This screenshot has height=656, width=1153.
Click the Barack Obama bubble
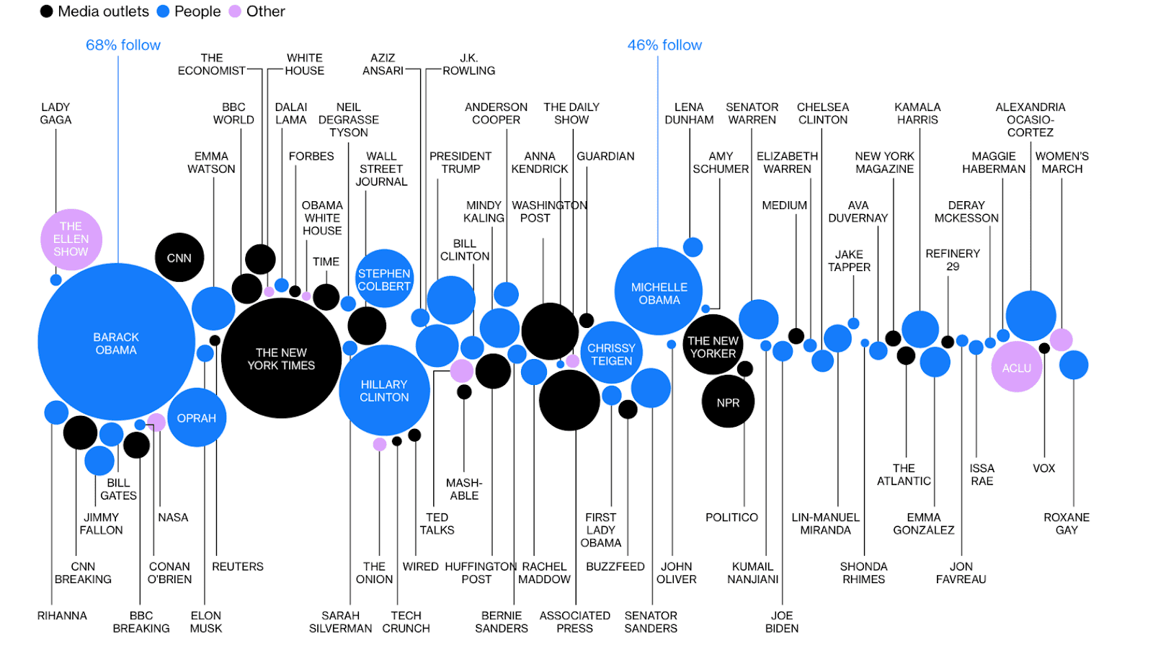point(116,342)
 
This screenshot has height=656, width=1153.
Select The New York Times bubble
point(281,358)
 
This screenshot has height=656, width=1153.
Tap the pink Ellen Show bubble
point(71,239)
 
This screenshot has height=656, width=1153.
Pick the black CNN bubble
point(179,257)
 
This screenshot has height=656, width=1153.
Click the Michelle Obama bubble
point(659,292)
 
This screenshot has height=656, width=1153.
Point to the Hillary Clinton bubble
point(384,390)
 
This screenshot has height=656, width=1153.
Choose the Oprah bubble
point(197,418)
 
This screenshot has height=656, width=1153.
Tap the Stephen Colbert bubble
point(384,279)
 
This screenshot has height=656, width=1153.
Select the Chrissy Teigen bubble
point(611,353)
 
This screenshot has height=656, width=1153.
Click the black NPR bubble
point(728,402)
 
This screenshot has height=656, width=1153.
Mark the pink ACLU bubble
point(1016,368)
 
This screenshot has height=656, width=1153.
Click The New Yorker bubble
point(713,346)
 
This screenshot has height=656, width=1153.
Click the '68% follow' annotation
point(123,45)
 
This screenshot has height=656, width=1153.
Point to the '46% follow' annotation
point(664,45)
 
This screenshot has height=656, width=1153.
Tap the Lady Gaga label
point(55,113)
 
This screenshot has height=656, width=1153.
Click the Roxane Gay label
point(1067,523)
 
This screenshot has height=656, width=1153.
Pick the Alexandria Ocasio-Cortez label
point(1030,119)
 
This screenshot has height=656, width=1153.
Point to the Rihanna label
point(62,616)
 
